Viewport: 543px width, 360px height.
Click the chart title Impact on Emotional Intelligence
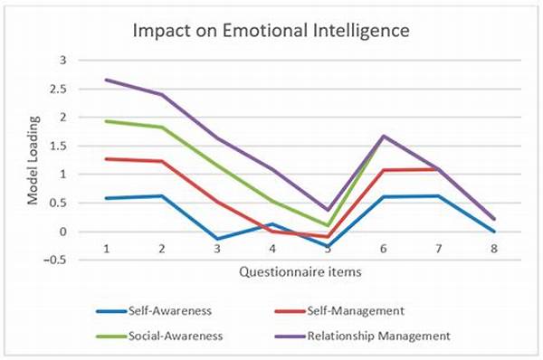pyautogui.click(x=271, y=29)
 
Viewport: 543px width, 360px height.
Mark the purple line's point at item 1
pyautogui.click(x=106, y=80)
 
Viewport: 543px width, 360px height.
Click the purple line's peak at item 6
pyautogui.click(x=385, y=136)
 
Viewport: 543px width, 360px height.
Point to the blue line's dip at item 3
pyautogui.click(x=217, y=240)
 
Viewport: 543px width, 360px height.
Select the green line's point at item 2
pyautogui.click(x=162, y=128)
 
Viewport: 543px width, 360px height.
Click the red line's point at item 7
pyautogui.click(x=437, y=169)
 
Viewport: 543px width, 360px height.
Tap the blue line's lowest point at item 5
pyautogui.click(x=327, y=247)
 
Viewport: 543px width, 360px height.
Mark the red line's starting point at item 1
pyautogui.click(x=106, y=159)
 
